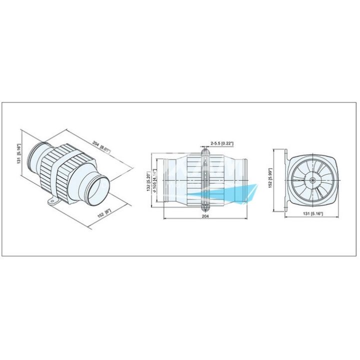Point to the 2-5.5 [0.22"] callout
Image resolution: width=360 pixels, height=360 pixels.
[222, 143]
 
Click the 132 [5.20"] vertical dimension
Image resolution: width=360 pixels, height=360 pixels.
[148, 181]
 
